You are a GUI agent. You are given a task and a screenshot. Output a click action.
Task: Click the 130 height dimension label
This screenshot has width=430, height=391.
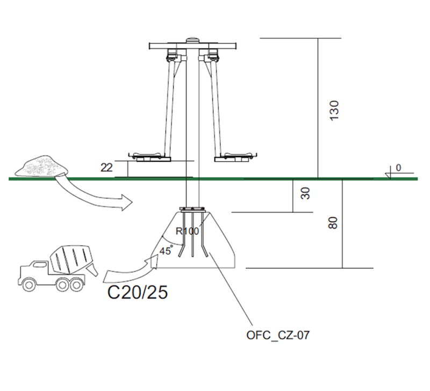[334, 110]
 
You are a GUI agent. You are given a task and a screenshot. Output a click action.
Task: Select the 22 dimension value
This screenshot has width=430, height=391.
[106, 168]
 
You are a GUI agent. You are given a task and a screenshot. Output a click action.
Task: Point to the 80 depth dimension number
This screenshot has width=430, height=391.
[333, 223]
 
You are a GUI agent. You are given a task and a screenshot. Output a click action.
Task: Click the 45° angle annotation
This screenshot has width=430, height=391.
[166, 250]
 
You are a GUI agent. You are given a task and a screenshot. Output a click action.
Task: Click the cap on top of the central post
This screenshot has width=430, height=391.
[191, 40]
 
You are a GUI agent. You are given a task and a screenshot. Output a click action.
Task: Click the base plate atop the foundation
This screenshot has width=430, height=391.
[191, 210]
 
